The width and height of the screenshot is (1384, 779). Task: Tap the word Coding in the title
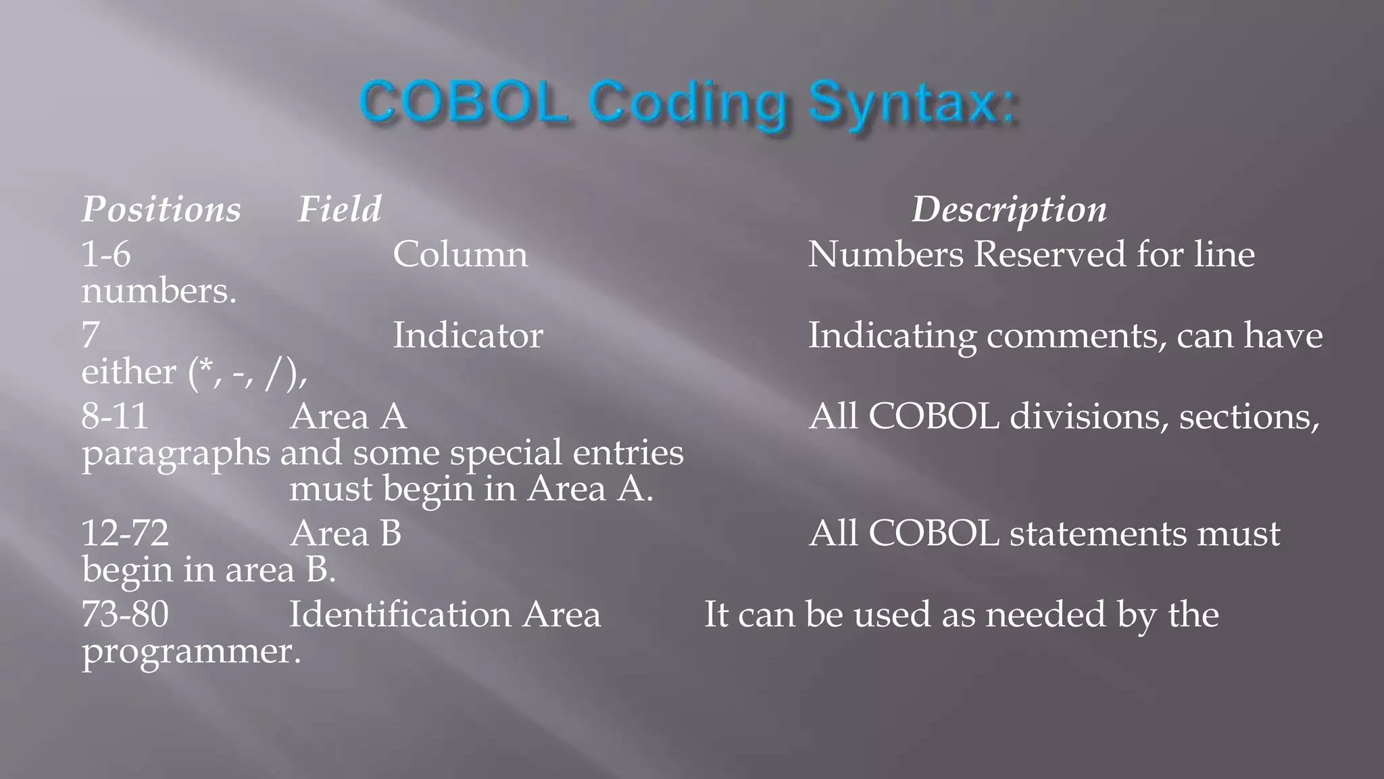point(689,105)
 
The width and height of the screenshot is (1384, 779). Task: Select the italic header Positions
point(161,209)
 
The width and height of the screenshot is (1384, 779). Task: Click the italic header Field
point(340,209)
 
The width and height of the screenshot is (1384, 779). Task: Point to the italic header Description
point(1010,209)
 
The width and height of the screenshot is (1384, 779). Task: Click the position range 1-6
point(106,254)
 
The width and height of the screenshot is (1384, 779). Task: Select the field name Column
point(460,254)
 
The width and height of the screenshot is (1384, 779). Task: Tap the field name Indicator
point(468,335)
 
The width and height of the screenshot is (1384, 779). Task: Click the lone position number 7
point(91,335)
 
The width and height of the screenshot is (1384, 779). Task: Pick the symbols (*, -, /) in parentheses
point(247,373)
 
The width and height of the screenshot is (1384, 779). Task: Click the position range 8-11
point(115,416)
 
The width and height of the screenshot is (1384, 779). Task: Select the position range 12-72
point(125,533)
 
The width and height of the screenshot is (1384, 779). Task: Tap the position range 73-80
point(125,614)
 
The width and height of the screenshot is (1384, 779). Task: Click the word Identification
point(400,614)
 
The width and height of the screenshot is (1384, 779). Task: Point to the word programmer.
point(191,652)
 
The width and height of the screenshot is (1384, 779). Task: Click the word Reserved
point(1049,254)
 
